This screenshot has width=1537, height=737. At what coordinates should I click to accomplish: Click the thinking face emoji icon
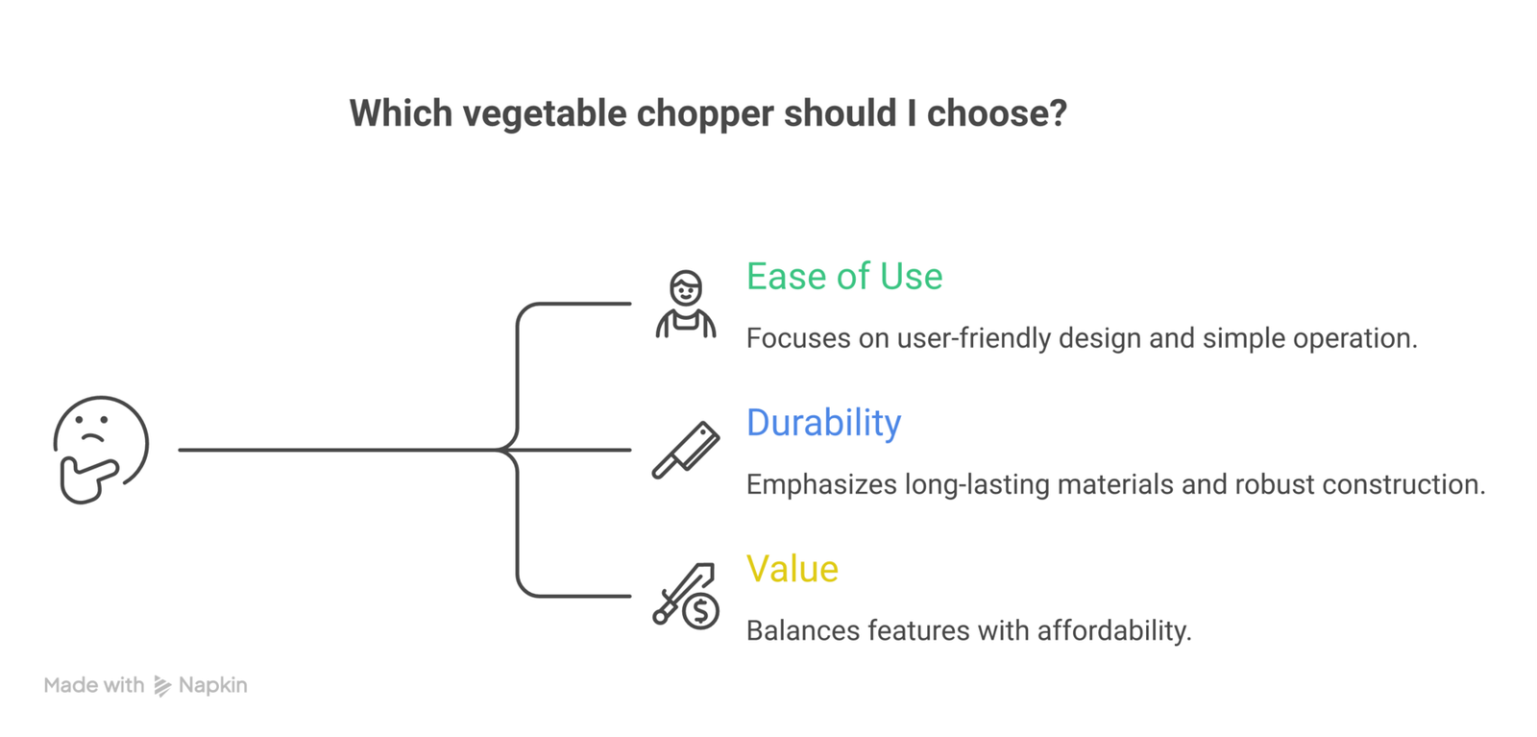(x=101, y=448)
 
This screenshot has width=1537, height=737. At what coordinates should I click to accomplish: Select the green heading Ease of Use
(x=844, y=277)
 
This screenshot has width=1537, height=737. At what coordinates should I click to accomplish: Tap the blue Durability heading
(x=823, y=423)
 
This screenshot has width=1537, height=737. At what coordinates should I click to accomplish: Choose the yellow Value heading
(x=792, y=569)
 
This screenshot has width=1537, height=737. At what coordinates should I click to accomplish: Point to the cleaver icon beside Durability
(x=685, y=450)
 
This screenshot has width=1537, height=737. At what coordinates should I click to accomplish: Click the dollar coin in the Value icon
(x=701, y=610)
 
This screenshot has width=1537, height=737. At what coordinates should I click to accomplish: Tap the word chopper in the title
(x=705, y=113)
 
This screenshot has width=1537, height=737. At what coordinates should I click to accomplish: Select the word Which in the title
(x=400, y=113)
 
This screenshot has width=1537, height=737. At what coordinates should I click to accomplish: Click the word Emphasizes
(x=821, y=484)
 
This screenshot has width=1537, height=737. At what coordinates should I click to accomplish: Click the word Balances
(x=802, y=630)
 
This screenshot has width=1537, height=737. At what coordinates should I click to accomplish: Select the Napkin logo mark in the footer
(x=162, y=686)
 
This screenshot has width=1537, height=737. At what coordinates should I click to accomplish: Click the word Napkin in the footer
(x=212, y=685)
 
